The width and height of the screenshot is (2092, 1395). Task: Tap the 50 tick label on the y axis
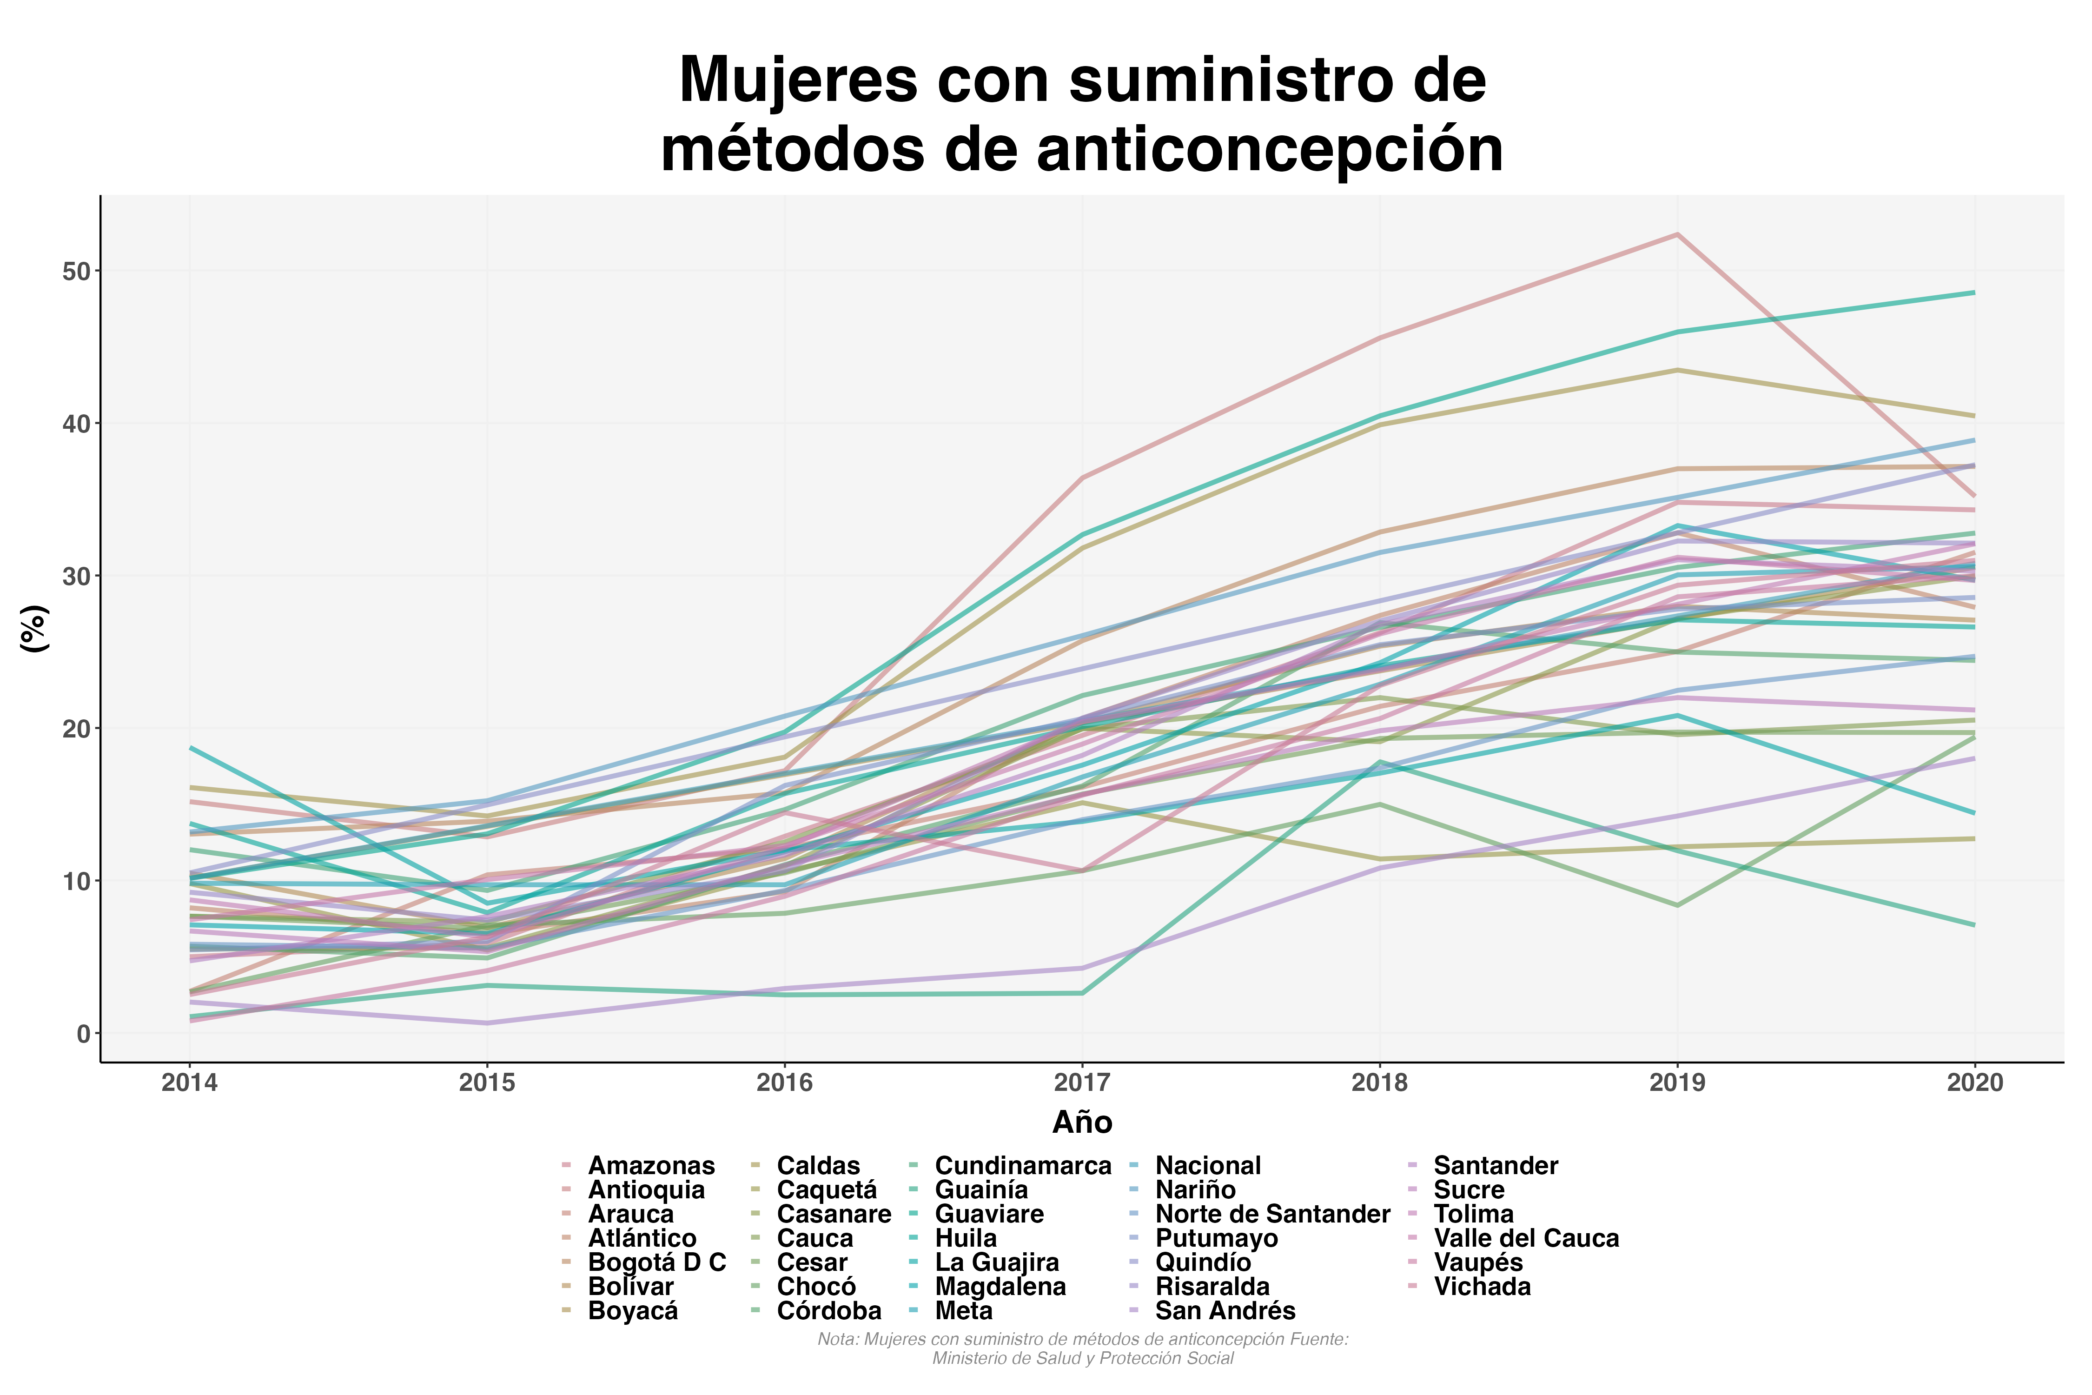77,272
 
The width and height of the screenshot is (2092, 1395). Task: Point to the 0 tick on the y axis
84,1034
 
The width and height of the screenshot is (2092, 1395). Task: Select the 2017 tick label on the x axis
1082,1083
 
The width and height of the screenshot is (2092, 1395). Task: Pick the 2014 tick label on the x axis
190,1083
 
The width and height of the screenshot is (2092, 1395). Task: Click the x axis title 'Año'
1082,1123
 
